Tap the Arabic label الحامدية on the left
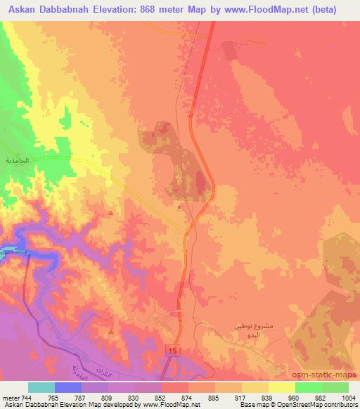pos(17,161)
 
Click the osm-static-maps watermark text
pos(330,373)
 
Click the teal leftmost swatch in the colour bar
pos(41,387)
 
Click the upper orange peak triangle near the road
pos(111,212)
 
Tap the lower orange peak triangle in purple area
pos(111,330)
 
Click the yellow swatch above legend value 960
pos(282,387)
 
